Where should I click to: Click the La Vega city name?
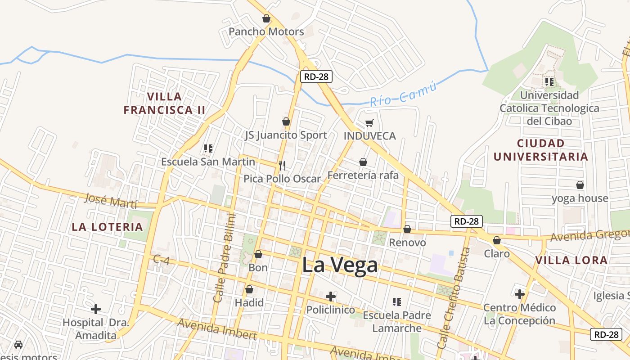pos(340,265)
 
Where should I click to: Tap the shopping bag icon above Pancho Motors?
pos(266,18)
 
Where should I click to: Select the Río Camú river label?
pos(403,94)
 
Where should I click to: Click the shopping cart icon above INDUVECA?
pos(369,123)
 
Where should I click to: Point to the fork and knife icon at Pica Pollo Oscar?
pos(282,165)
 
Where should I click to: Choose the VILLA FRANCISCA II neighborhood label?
pos(164,103)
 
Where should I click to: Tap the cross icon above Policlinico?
pos(331,296)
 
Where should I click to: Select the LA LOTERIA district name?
pos(107,227)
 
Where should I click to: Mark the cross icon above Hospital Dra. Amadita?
pos(96,309)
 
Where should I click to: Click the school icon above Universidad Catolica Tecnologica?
pos(549,82)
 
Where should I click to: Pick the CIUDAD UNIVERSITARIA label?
pos(541,150)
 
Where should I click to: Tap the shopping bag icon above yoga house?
pos(580,185)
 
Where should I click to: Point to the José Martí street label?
pos(110,200)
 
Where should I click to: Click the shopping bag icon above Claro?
pos(497,240)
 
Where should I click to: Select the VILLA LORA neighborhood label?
pos(571,260)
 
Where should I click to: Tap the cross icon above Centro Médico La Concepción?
pos(520,294)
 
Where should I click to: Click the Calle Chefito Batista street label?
pos(454,298)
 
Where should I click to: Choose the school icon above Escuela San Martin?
pos(208,148)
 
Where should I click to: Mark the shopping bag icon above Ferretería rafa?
pos(363,162)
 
